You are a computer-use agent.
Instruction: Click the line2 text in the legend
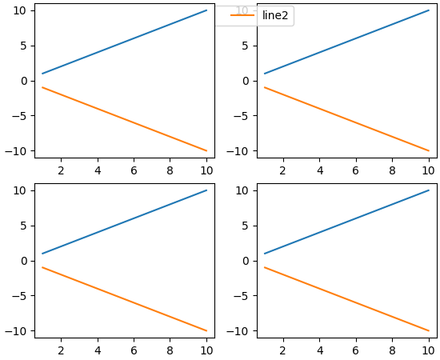click(x=275, y=16)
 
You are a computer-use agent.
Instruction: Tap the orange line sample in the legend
click(x=242, y=16)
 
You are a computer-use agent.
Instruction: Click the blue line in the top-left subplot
click(x=124, y=42)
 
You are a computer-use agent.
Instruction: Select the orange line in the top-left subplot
click(x=124, y=119)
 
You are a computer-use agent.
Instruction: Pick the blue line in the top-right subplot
click(x=346, y=42)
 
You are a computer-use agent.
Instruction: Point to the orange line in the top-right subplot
click(x=346, y=119)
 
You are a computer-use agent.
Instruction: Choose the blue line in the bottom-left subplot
click(x=124, y=222)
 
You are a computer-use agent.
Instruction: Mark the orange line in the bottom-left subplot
click(x=124, y=299)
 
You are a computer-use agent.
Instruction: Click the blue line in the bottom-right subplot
click(x=346, y=222)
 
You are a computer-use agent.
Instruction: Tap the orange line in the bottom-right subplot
click(x=346, y=299)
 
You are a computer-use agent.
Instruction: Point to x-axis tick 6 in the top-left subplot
click(x=134, y=170)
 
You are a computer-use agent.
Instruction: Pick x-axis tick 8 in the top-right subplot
click(x=392, y=170)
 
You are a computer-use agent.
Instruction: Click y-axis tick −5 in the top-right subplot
click(x=242, y=116)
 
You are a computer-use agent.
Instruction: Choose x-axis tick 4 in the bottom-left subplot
click(x=98, y=350)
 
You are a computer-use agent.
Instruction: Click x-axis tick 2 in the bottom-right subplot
click(x=283, y=350)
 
